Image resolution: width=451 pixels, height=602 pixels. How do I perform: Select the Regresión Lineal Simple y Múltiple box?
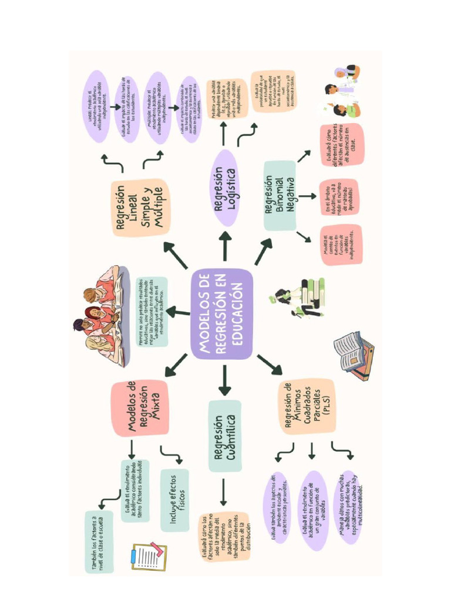pyautogui.click(x=139, y=207)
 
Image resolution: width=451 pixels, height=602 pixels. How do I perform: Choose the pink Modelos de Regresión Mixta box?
pyautogui.click(x=140, y=407)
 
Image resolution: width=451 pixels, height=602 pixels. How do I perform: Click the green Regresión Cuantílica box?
pyautogui.click(x=224, y=436)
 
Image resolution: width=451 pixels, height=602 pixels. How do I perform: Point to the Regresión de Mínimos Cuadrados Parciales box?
pyautogui.click(x=307, y=406)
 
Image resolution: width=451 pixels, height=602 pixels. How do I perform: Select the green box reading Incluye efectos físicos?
pyautogui.click(x=174, y=500)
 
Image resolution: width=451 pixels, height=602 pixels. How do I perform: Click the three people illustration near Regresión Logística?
pyautogui.click(x=342, y=92)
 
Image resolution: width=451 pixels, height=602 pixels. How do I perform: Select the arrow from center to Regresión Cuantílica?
pyautogui.click(x=224, y=380)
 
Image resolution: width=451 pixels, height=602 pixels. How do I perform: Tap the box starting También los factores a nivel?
pyautogui.click(x=98, y=541)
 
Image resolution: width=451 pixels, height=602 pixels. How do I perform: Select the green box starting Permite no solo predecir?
pyautogui.click(x=151, y=312)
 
